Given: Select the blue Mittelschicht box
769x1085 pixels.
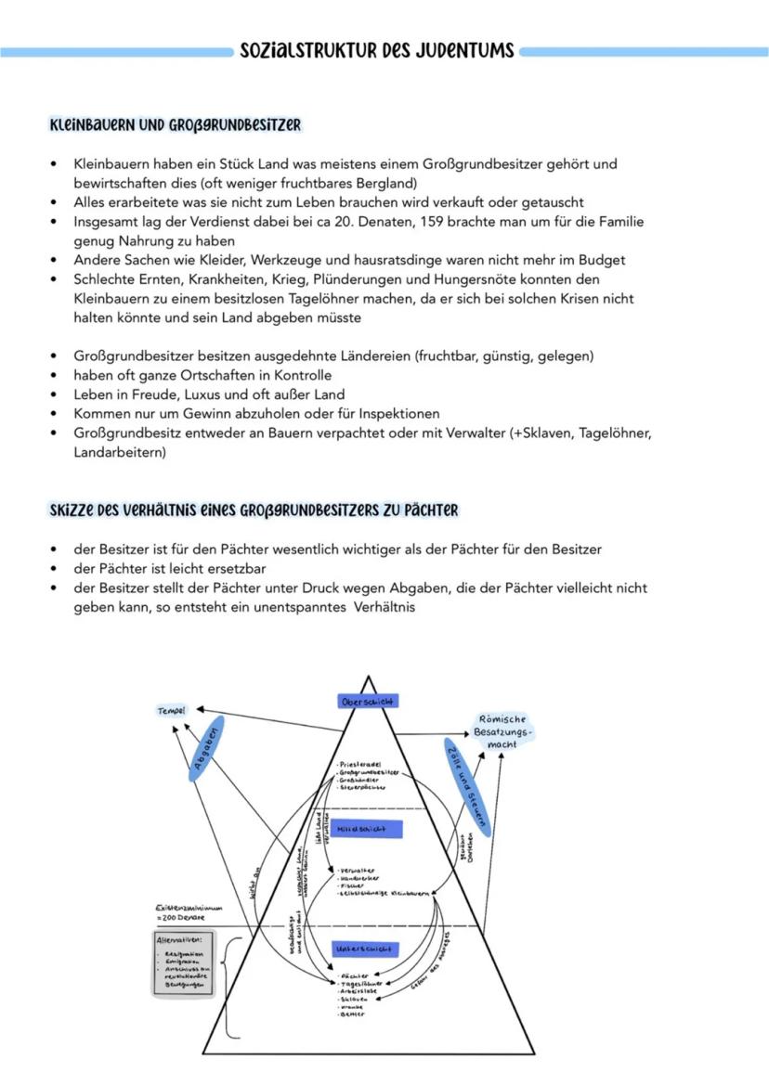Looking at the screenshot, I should coord(368,827).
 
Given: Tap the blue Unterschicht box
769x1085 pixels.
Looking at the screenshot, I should coord(366,949).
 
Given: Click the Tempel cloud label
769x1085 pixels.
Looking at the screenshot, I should coord(172,710).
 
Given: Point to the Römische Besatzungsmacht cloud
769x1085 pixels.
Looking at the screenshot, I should coord(502,731).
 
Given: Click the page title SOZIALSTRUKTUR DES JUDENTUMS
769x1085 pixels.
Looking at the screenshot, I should coord(377,51).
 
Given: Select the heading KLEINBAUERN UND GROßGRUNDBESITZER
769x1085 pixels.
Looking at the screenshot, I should coord(175,124).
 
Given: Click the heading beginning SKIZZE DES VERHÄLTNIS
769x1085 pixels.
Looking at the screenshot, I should coord(254,511).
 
